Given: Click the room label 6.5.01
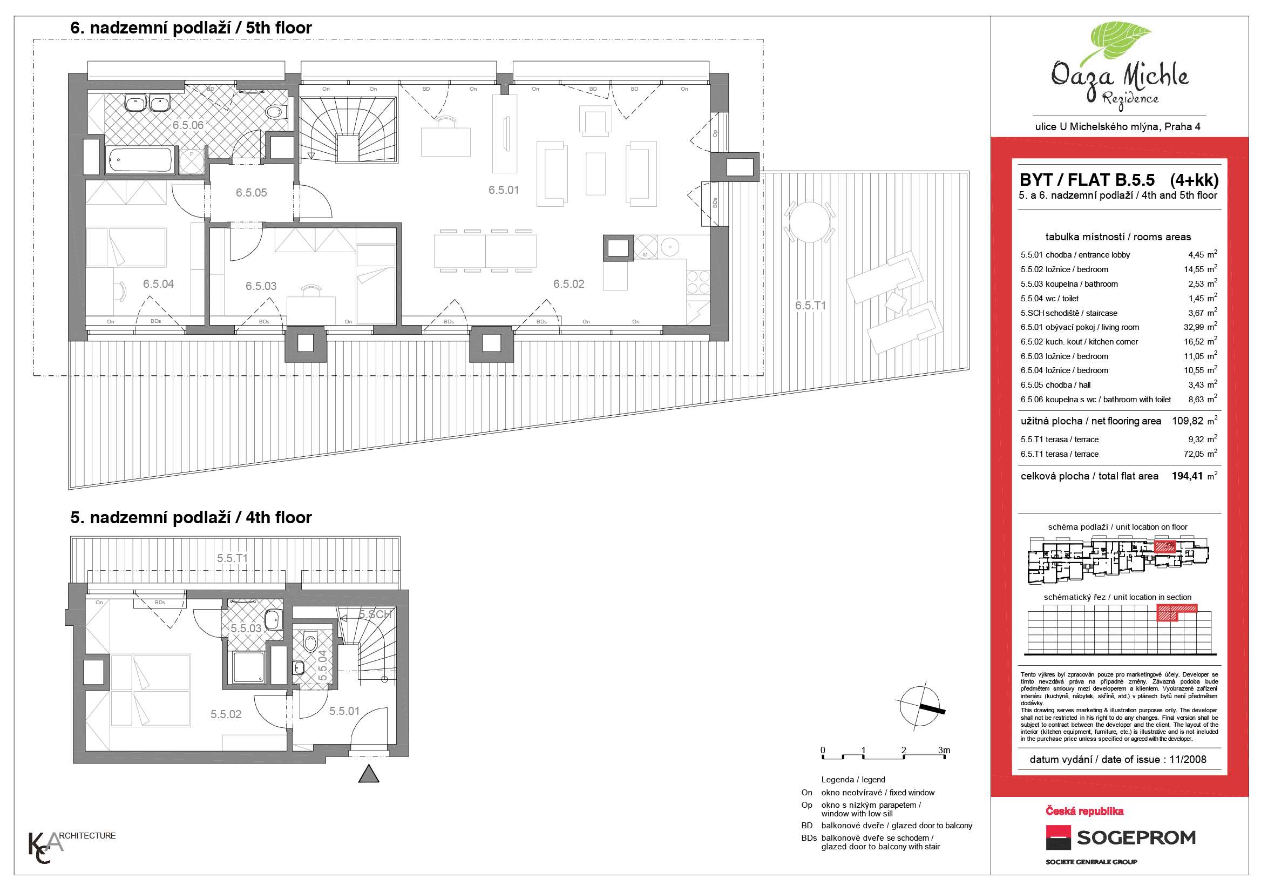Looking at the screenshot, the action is pyautogui.click(x=504, y=190).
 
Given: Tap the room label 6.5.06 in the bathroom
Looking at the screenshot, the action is pyautogui.click(x=188, y=125).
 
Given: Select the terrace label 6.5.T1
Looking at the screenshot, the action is pyautogui.click(x=810, y=306).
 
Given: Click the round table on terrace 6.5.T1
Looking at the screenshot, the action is pyautogui.click(x=809, y=221).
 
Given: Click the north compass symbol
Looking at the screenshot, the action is pyautogui.click(x=920, y=706).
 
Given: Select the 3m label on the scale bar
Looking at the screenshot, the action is pyautogui.click(x=944, y=750).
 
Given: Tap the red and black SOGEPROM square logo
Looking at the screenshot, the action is pyautogui.click(x=1059, y=837).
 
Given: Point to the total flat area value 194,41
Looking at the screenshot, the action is pyautogui.click(x=1188, y=476).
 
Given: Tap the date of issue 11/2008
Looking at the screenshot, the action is pyautogui.click(x=1188, y=760).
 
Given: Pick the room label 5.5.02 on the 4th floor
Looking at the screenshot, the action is pyautogui.click(x=226, y=714).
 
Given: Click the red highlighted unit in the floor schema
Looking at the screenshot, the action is pyautogui.click(x=1164, y=546).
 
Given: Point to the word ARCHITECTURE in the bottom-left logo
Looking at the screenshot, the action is pyautogui.click(x=87, y=836).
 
